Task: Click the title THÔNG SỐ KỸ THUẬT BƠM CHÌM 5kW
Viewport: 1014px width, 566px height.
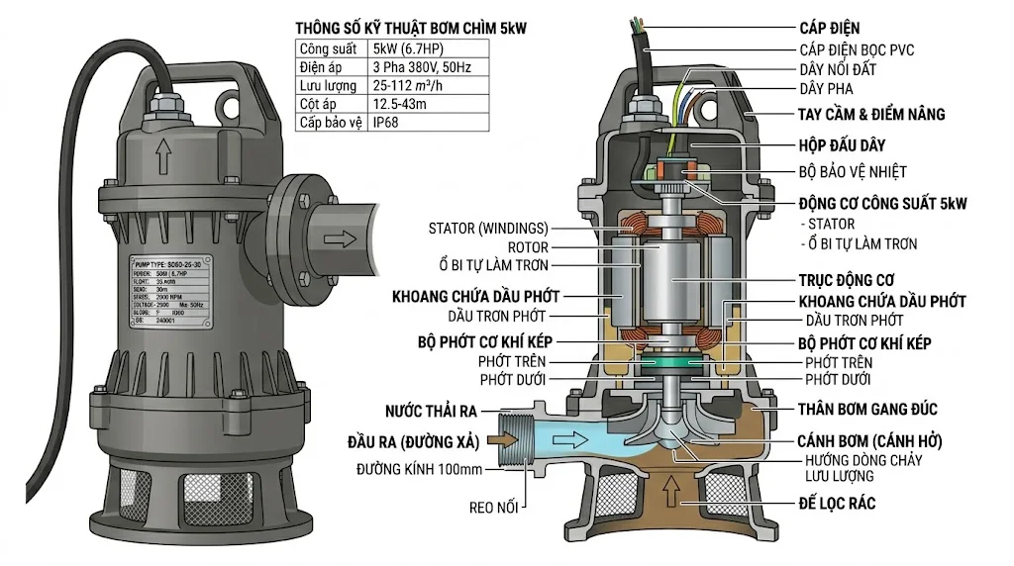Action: [x=411, y=29]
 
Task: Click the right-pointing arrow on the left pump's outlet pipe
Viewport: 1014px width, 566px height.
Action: [x=338, y=239]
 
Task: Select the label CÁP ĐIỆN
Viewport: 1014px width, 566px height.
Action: [x=830, y=28]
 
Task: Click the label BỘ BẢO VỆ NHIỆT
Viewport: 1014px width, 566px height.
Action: [x=853, y=171]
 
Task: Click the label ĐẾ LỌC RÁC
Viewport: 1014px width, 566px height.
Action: [x=836, y=504]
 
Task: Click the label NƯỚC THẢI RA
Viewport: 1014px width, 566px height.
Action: [x=434, y=411]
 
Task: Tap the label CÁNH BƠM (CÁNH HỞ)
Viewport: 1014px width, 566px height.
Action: [x=869, y=440]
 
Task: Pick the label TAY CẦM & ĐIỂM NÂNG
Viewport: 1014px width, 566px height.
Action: [x=870, y=114]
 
